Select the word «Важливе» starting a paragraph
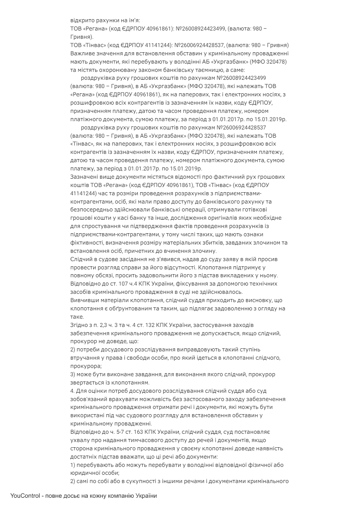[x=81, y=53]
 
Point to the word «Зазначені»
[x=83, y=177]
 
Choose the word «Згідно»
[x=78, y=325]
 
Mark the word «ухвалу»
[x=79, y=440]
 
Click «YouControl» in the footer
[x=25, y=496]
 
